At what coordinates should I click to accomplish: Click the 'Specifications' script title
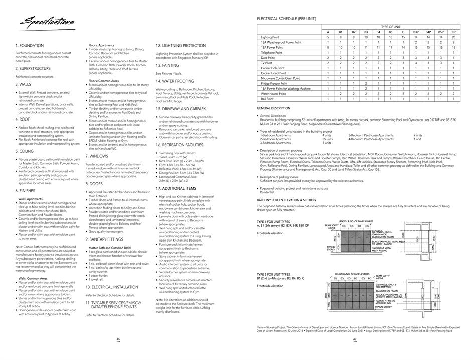tap(45, 22)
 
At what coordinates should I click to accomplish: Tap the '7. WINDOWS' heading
tap(97, 156)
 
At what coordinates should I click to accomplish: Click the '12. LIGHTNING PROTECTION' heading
tap(181, 45)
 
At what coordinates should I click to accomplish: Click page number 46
tap(118, 339)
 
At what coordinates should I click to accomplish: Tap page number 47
tap(354, 339)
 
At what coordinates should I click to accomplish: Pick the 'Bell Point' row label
tap(267, 99)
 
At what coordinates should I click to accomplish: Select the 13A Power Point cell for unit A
tap(328, 47)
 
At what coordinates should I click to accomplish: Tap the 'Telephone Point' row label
tap(272, 52)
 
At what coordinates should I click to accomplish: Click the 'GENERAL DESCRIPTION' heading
tap(273, 108)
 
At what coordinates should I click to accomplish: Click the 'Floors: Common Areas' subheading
tap(104, 81)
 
